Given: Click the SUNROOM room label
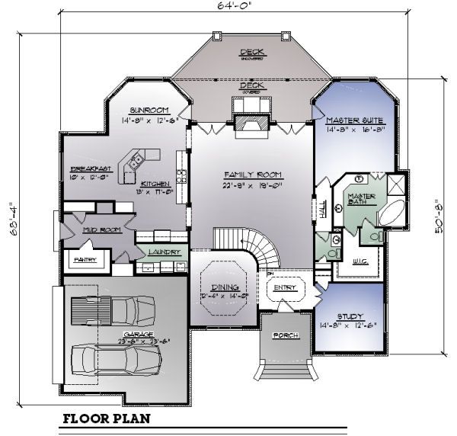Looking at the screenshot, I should point(144,110).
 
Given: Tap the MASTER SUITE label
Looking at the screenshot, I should point(355,121).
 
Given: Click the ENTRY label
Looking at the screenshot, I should point(285,287).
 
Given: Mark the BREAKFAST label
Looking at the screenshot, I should point(91,168).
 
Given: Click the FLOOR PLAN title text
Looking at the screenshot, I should point(106,418).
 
